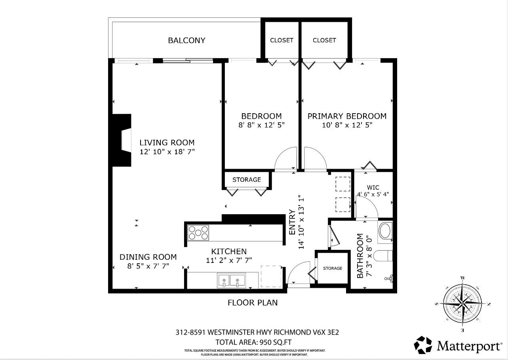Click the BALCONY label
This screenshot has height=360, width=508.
coord(186,40)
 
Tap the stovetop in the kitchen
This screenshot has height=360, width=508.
coord(198,232)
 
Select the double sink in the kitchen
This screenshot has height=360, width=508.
coord(231,281)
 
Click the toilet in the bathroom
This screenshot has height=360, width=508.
coord(383,256)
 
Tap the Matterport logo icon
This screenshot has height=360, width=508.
coord(423,345)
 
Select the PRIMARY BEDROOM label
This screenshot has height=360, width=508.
coord(347,116)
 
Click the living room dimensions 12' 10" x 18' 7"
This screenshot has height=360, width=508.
coord(167,152)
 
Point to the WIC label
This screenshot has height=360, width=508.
coord(373,188)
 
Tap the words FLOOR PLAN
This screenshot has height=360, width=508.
coord(253,303)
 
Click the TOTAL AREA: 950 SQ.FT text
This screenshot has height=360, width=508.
coord(253,342)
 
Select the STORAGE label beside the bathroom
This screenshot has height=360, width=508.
coord(333,269)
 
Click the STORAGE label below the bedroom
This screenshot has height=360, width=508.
coord(247,180)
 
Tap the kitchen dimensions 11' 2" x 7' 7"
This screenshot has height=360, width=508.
coord(229,260)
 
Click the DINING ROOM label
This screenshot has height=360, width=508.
coord(148,257)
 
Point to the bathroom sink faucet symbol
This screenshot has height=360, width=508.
coord(389,278)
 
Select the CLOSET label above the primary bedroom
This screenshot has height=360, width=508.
coord(324,40)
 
